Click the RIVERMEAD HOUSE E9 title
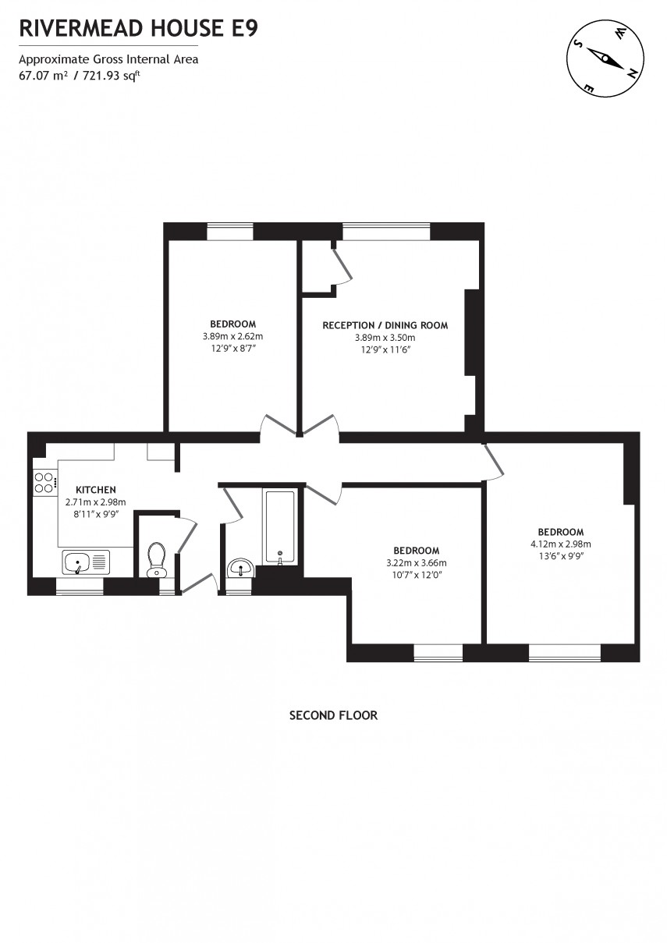[138, 29]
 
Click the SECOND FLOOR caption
[333, 715]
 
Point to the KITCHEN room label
[95, 490]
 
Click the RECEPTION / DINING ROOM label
[385, 325]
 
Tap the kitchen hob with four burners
[44, 483]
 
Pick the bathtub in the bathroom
[279, 526]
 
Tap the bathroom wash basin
[241, 568]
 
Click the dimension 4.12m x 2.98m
[560, 544]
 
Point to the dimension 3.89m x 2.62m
[232, 337]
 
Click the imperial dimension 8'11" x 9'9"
[95, 515]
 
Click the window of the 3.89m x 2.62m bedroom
[230, 232]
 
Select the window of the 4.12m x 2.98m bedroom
[565, 653]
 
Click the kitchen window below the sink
[80, 587]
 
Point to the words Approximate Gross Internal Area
[108, 59]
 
